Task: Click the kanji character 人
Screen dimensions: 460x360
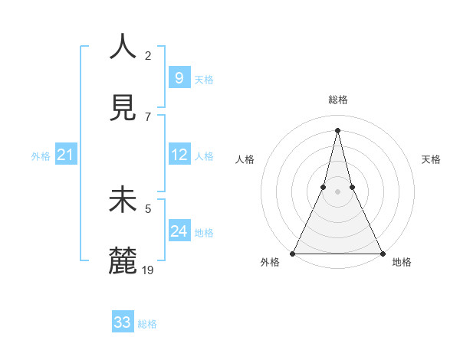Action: pyautogui.click(x=123, y=47)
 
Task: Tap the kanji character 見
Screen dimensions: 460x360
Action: pyautogui.click(x=123, y=108)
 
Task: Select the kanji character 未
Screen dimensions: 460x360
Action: pyautogui.click(x=123, y=200)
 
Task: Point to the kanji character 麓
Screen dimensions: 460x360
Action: pyautogui.click(x=123, y=261)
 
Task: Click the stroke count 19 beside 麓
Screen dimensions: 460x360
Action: pyautogui.click(x=149, y=270)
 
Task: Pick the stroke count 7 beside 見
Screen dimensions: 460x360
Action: pyautogui.click(x=148, y=116)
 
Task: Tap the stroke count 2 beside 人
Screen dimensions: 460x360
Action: pyautogui.click(x=148, y=55)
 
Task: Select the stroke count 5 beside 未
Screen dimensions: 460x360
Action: pyautogui.click(x=148, y=208)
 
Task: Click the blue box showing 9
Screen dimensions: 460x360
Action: pyautogui.click(x=179, y=78)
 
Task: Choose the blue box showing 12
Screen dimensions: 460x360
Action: pyautogui.click(x=179, y=155)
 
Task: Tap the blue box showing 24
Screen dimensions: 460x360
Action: pyautogui.click(x=179, y=231)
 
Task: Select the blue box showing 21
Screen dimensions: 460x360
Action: pyautogui.click(x=66, y=155)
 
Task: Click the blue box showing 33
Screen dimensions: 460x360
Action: pyautogui.click(x=123, y=322)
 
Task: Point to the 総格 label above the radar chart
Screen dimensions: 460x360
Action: pyautogui.click(x=337, y=100)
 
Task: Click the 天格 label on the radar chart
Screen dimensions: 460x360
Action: pyautogui.click(x=431, y=159)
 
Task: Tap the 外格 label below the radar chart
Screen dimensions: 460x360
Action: pyautogui.click(x=270, y=262)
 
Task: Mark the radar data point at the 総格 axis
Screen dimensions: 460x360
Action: pyautogui.click(x=337, y=129)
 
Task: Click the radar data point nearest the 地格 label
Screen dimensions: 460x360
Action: pyautogui.click(x=382, y=254)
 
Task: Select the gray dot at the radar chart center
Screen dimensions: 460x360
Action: pyautogui.click(x=337, y=191)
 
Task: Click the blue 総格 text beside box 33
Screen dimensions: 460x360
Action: pyautogui.click(x=147, y=324)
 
